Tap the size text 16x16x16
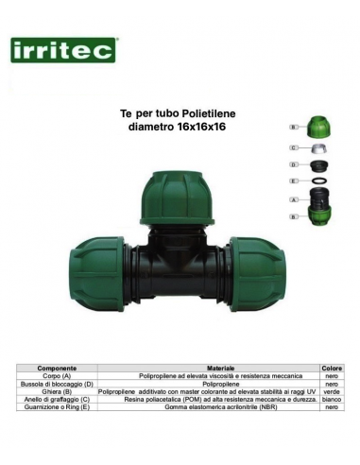(x=202, y=126)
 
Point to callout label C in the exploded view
(x=294, y=147)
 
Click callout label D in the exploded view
(x=294, y=164)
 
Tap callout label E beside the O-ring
(x=294, y=180)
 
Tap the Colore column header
(x=333, y=367)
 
